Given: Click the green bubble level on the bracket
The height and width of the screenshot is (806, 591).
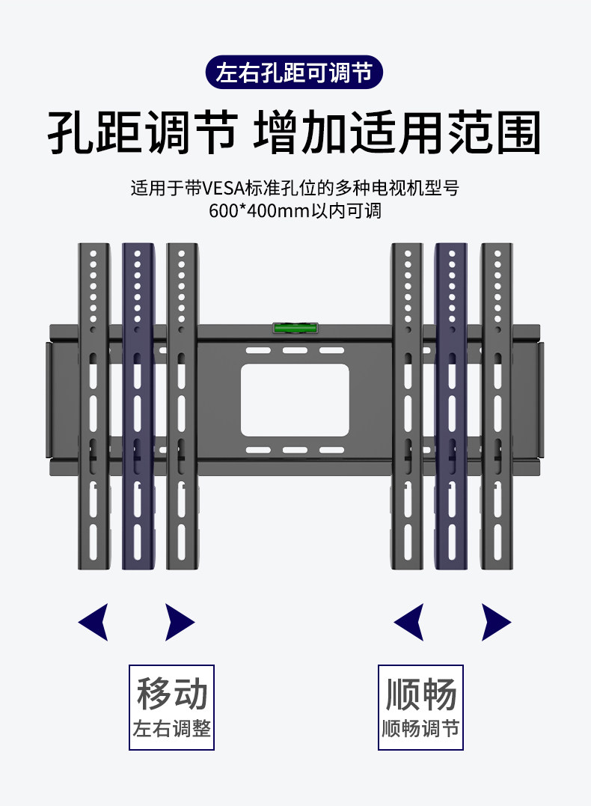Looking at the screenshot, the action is (x=295, y=327).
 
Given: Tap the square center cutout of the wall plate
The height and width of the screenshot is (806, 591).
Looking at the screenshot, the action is (x=295, y=400).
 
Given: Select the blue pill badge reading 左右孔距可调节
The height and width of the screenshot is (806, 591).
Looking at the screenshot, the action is (x=294, y=73).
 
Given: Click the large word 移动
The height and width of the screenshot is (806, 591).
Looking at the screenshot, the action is (x=171, y=694).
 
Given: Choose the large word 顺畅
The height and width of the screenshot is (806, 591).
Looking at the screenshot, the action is (x=420, y=694).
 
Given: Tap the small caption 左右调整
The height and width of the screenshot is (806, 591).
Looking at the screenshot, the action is (x=171, y=728).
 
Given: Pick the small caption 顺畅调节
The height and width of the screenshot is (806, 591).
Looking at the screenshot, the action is (x=420, y=728).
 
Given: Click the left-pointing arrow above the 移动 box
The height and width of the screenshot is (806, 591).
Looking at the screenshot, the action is (x=94, y=622).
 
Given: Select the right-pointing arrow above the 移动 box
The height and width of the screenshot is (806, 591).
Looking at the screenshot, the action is (x=179, y=622).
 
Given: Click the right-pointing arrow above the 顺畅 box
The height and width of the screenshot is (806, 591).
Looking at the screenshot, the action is (x=495, y=622).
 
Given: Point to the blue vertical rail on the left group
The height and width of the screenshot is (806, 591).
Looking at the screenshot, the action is (x=138, y=404).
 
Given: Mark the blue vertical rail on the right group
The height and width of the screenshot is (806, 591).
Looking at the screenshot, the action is (x=451, y=404).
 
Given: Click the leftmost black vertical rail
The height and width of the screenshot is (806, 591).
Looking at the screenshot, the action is (x=94, y=404).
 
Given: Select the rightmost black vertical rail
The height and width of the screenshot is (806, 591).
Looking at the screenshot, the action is (x=495, y=404).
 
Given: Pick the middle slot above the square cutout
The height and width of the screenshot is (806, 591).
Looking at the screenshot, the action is (x=295, y=350).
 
